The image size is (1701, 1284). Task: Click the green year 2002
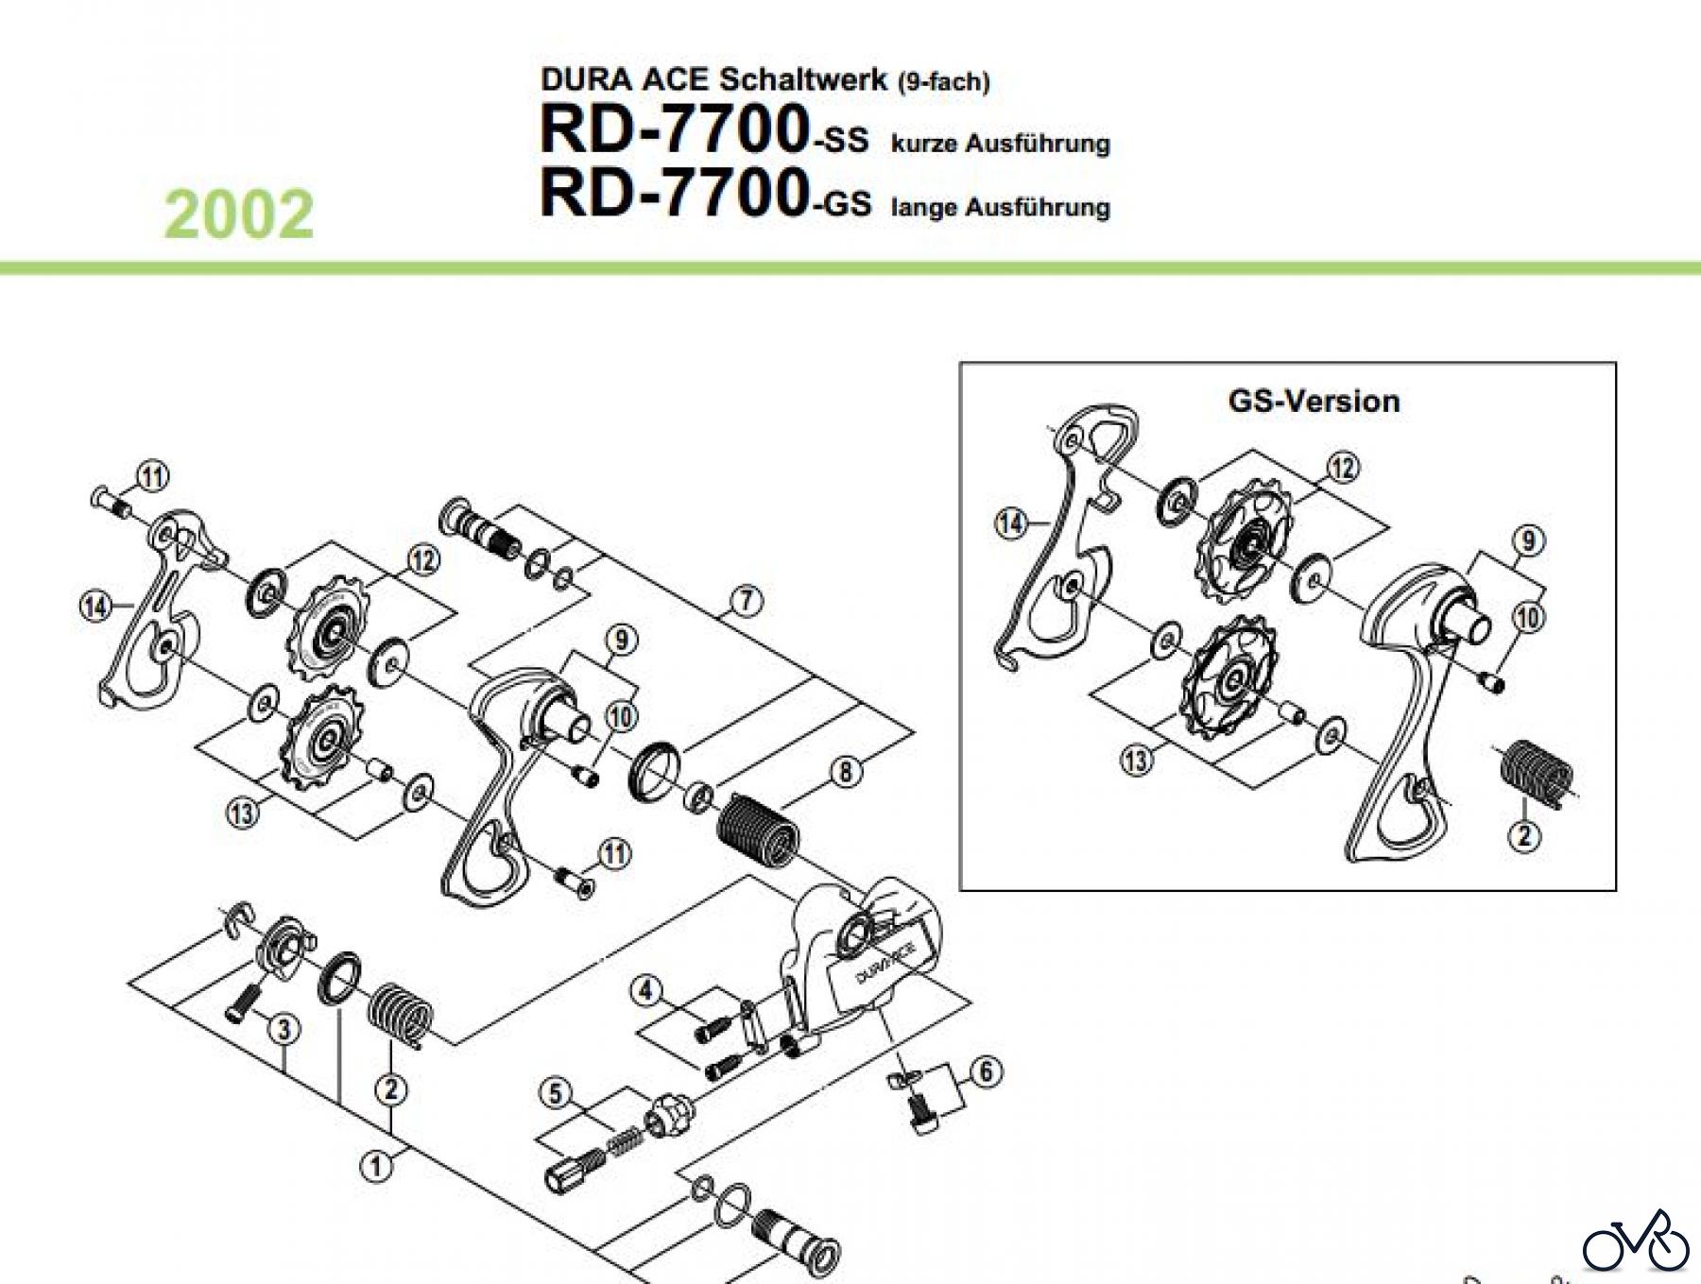tap(239, 214)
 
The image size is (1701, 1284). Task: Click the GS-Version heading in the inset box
tap(1314, 401)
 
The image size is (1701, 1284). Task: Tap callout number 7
tap(747, 600)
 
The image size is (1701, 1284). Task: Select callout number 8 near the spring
tap(845, 771)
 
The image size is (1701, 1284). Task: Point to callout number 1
tap(376, 1165)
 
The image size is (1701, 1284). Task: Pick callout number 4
tap(646, 991)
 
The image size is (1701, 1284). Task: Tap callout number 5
tap(556, 1094)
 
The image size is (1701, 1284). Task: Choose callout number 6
tap(986, 1071)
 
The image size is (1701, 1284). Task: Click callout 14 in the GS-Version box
tap(1011, 522)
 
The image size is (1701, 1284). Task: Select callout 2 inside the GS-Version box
tap(1523, 835)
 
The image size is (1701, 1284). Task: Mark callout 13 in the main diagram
tap(243, 813)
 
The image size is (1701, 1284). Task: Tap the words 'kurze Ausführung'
tap(1000, 144)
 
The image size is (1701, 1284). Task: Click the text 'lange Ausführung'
tap(1000, 207)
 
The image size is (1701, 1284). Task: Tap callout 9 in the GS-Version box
tap(1528, 540)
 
